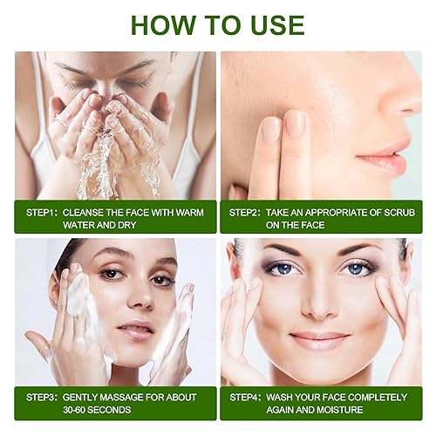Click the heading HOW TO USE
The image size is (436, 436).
218,24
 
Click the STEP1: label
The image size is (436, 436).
38,212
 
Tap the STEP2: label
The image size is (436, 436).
249,212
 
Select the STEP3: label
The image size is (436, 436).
38,397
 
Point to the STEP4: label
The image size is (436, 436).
249,397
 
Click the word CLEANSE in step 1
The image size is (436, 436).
91,212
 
